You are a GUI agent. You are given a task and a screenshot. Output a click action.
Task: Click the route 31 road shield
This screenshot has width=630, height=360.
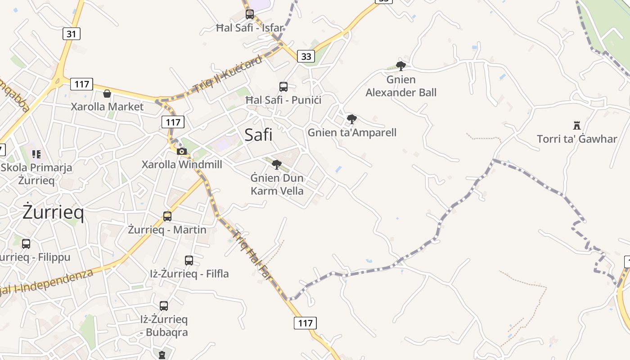(x=71, y=34)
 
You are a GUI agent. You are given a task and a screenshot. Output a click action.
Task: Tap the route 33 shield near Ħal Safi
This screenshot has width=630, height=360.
(x=306, y=56)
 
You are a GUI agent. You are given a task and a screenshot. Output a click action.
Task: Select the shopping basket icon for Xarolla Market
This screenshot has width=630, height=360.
(x=107, y=94)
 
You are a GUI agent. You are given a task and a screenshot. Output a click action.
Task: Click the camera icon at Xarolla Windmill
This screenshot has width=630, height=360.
(x=182, y=151)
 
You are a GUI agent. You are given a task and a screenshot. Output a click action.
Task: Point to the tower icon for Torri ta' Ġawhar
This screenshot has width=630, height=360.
(x=576, y=125)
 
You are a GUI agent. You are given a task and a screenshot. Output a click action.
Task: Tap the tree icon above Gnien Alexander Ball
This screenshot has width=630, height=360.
(x=400, y=66)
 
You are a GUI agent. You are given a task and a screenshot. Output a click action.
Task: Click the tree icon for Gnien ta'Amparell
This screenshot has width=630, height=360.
(x=351, y=119)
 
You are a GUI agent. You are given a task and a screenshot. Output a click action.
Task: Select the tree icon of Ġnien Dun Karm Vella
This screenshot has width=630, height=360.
(x=277, y=165)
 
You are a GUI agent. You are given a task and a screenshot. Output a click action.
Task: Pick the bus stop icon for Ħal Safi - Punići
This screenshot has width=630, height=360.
(x=283, y=87)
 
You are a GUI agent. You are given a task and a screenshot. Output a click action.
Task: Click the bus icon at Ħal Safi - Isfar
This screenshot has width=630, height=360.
(x=250, y=14)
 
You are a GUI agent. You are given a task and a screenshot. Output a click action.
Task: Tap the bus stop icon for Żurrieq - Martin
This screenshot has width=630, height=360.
(x=167, y=216)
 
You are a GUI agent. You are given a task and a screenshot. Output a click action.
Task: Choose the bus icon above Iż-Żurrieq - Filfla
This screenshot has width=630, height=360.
(x=189, y=261)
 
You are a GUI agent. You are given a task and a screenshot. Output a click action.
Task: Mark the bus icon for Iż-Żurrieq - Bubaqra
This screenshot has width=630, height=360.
(x=164, y=306)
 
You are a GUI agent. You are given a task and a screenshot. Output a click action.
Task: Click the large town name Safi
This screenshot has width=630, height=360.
(x=258, y=135)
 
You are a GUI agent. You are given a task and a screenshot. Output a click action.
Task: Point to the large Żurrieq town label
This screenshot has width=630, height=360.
(x=53, y=212)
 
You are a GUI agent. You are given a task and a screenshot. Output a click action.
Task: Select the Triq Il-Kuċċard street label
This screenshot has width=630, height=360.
(x=227, y=75)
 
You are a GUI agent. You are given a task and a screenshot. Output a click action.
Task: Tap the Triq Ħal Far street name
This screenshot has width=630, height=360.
(x=253, y=256)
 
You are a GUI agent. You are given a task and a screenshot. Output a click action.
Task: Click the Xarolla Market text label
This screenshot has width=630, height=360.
(x=107, y=107)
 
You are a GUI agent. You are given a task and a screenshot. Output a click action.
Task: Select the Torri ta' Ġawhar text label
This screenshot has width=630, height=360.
(x=577, y=139)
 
